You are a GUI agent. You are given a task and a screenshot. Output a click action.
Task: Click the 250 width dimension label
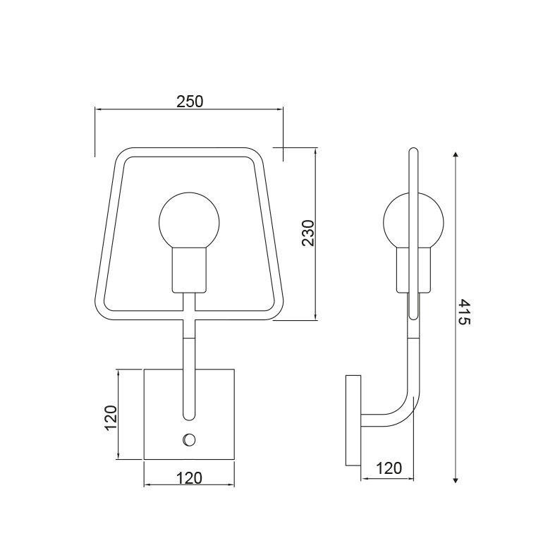(x=190, y=102)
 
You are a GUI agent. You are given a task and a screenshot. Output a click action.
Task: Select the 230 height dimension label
(x=308, y=233)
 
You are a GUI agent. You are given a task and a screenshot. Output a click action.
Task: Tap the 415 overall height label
(x=465, y=312)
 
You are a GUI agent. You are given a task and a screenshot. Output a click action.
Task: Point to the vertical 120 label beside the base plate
(x=111, y=417)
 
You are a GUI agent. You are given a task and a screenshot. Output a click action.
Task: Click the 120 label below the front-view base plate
(x=189, y=478)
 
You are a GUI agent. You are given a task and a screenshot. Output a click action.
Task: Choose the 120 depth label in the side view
(x=389, y=468)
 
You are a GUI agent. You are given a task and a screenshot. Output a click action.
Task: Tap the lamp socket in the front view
(x=189, y=270)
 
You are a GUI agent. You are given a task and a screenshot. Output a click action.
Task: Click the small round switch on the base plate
(x=190, y=440)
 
